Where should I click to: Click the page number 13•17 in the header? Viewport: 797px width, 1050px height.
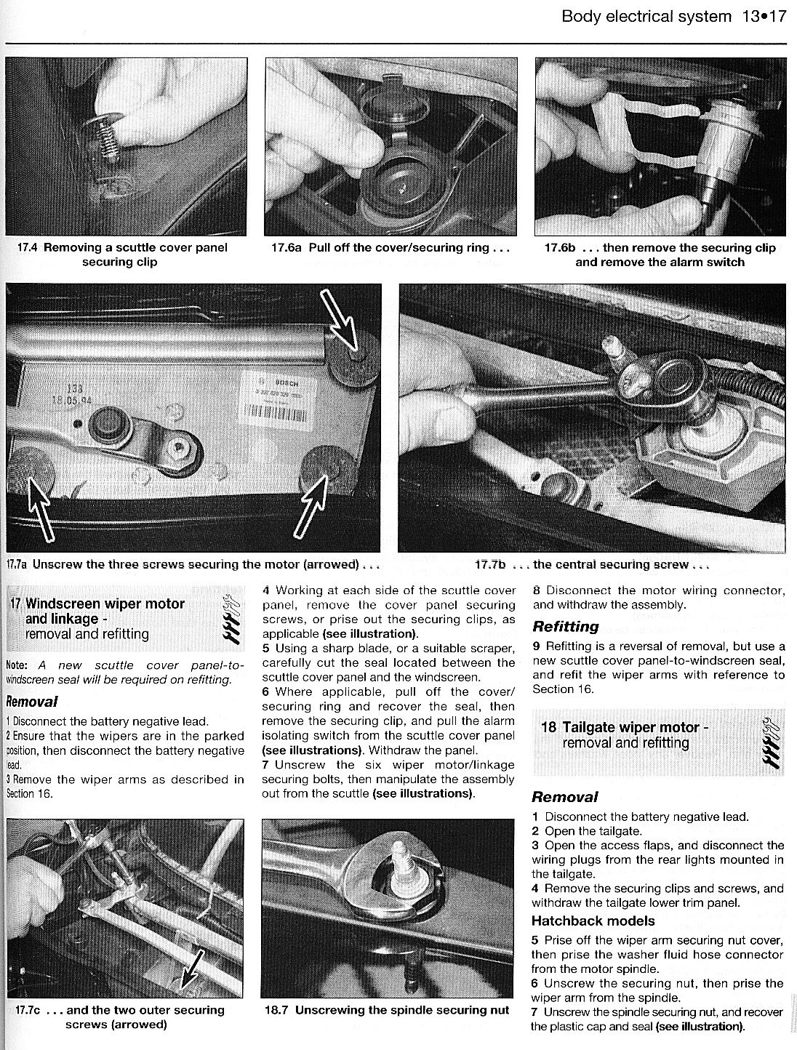click(x=764, y=17)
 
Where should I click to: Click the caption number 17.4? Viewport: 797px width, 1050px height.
click(x=28, y=247)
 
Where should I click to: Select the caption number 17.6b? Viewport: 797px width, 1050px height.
click(x=561, y=247)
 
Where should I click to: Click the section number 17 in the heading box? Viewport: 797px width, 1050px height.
click(x=16, y=604)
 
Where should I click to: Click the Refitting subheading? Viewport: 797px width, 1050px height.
click(x=566, y=626)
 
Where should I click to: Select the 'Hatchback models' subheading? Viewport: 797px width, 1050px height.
click(x=593, y=921)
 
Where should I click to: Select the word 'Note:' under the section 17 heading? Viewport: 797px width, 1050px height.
click(x=17, y=665)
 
